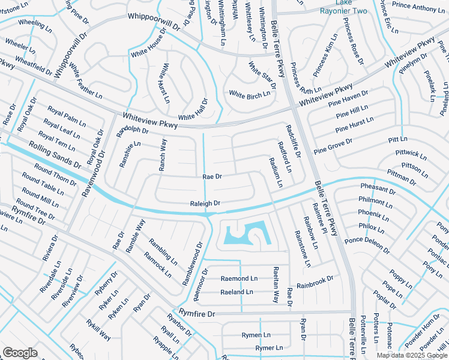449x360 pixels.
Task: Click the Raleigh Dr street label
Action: point(205,203)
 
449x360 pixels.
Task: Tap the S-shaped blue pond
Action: point(247,234)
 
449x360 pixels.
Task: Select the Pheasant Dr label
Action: point(378,190)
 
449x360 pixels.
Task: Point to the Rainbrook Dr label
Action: point(315,280)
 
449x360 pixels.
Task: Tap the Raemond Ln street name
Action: point(239,278)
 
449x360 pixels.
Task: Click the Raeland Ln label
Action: point(237,292)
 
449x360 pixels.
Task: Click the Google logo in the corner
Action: point(20,352)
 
